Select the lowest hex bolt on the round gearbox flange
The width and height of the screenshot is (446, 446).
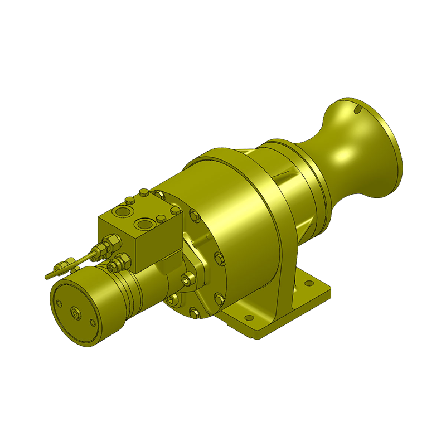195,312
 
